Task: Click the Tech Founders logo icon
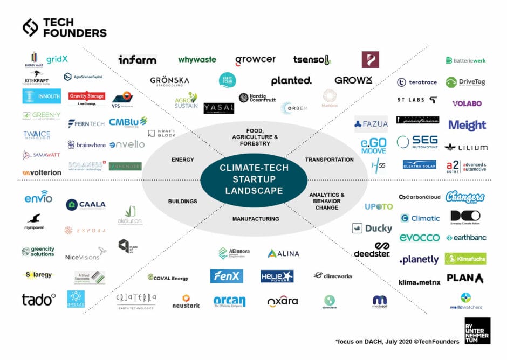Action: tap(30, 27)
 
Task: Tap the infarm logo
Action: tap(138, 59)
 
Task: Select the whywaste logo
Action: tap(197, 60)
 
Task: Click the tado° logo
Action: tap(38, 300)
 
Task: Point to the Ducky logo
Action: tap(372, 229)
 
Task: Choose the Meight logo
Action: tap(467, 125)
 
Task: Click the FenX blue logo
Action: tap(227, 276)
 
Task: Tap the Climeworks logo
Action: tap(333, 276)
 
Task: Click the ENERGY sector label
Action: tap(182, 160)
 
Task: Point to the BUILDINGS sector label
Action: tap(182, 201)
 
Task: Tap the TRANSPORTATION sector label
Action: tap(329, 160)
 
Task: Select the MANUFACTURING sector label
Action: tap(256, 219)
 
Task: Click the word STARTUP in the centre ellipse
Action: tap(254, 179)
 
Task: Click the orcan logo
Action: tap(229, 301)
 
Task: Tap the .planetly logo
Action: tap(419, 260)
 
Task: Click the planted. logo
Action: tap(291, 81)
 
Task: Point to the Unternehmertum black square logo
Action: tap(477, 331)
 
